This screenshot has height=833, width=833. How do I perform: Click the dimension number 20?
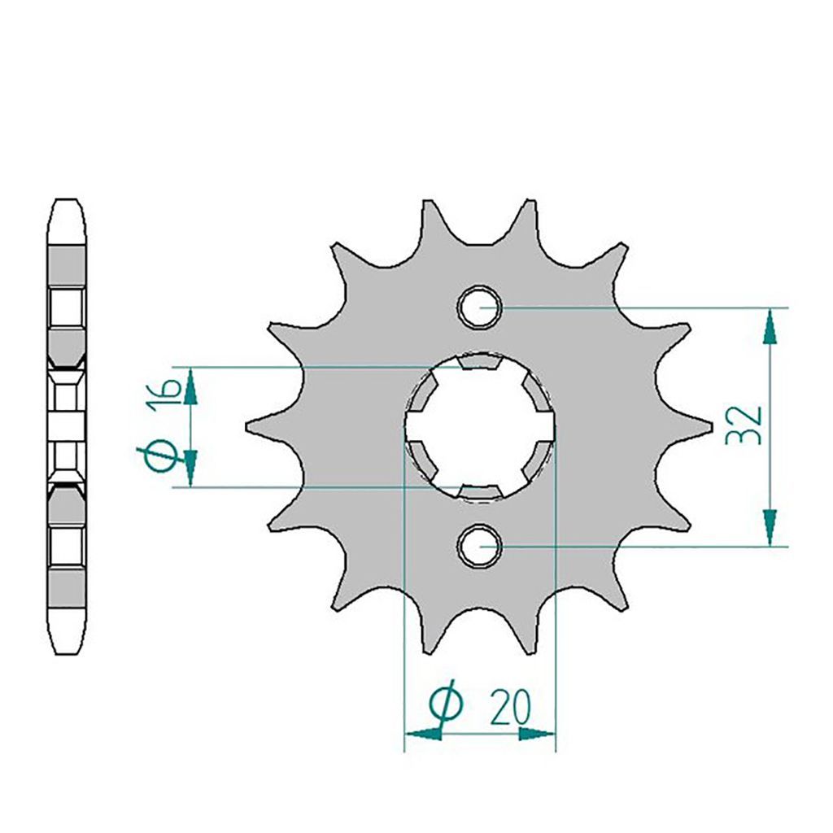(x=511, y=709)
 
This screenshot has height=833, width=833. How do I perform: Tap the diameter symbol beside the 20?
(x=447, y=703)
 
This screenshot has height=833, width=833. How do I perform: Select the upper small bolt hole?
(x=480, y=307)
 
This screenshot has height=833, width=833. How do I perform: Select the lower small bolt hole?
(x=480, y=546)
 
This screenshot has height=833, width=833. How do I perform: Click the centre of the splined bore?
(x=480, y=426)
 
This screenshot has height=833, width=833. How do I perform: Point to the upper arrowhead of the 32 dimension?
(x=770, y=327)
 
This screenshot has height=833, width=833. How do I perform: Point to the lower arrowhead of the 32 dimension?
(x=770, y=527)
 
